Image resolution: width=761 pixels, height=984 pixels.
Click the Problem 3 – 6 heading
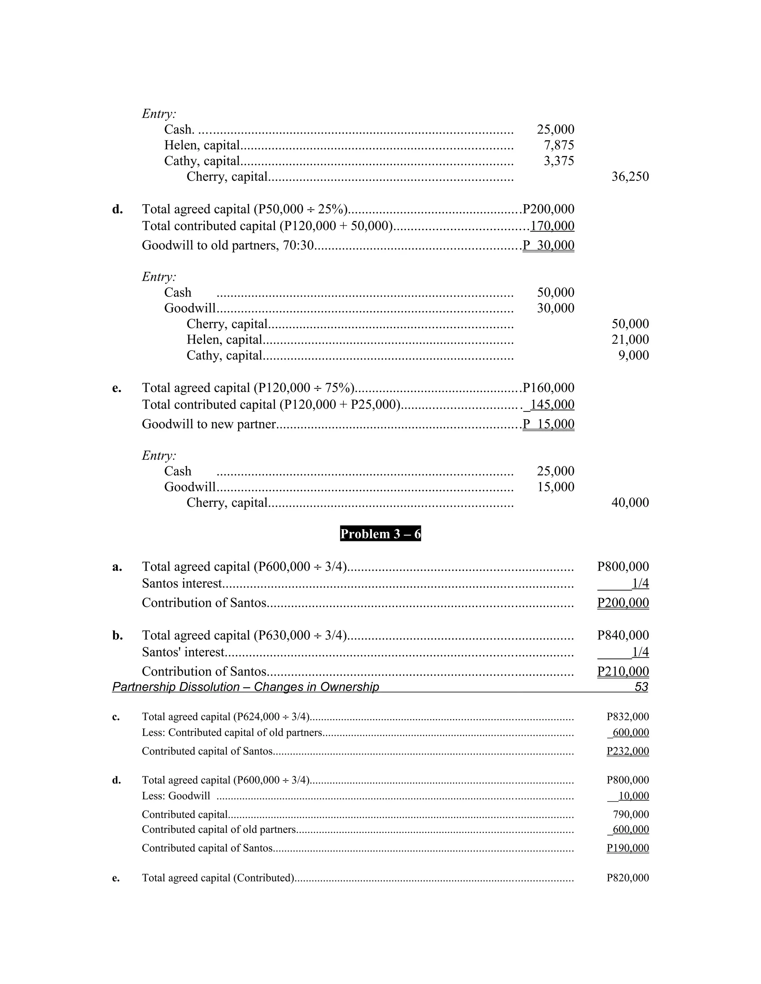[380, 534]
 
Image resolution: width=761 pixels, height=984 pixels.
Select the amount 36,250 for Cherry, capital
[630, 177]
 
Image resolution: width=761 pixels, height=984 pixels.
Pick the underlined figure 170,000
[552, 226]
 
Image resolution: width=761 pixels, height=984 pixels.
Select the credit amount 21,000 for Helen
[630, 340]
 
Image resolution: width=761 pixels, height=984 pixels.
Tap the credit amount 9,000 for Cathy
[634, 355]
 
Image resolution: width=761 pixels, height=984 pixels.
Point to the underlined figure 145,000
[552, 405]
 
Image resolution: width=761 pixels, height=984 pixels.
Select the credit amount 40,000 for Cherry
[630, 503]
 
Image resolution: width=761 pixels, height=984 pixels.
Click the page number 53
[641, 687]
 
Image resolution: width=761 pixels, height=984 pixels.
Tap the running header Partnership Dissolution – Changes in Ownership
[245, 687]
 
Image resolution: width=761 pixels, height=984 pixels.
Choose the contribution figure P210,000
[623, 671]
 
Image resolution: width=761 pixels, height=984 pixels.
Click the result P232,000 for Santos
[628, 751]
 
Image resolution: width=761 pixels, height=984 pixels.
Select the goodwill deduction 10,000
[634, 796]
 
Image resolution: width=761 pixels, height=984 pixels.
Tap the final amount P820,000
[628, 878]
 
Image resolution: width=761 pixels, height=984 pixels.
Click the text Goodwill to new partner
[208, 424]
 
